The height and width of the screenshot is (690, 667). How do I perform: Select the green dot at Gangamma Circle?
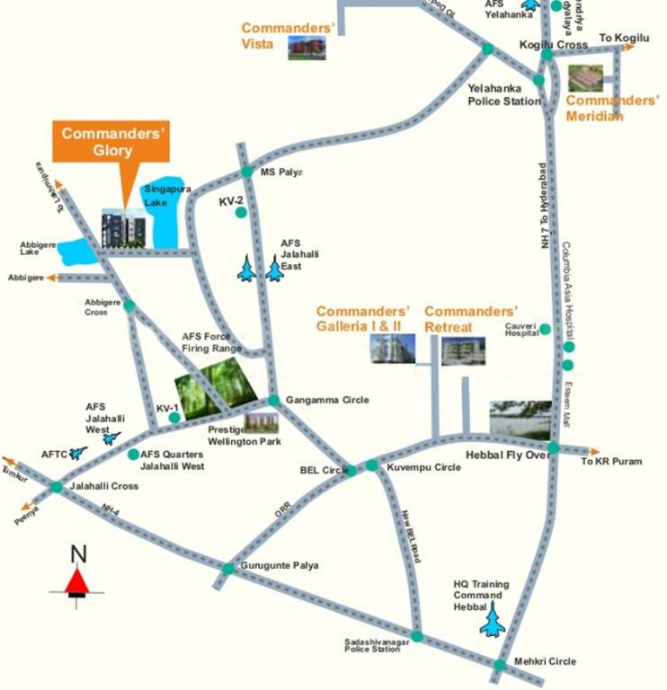(273, 400)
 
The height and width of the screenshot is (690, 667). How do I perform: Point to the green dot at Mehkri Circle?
(500, 665)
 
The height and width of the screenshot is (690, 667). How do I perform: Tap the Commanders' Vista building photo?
(306, 48)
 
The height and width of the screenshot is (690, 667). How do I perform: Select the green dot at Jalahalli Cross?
(57, 486)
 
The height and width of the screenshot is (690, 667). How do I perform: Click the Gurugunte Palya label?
(280, 565)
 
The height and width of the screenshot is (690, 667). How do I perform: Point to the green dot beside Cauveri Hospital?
(545, 330)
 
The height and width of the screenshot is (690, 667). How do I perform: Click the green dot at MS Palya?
(247, 172)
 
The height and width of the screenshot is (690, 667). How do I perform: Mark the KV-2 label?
(232, 202)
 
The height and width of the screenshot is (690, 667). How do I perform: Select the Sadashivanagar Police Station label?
(372, 645)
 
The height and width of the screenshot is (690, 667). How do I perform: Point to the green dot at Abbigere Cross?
(129, 305)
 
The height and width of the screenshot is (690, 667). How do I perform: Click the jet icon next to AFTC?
(78, 453)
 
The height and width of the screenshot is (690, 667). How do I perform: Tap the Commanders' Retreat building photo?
(463, 350)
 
